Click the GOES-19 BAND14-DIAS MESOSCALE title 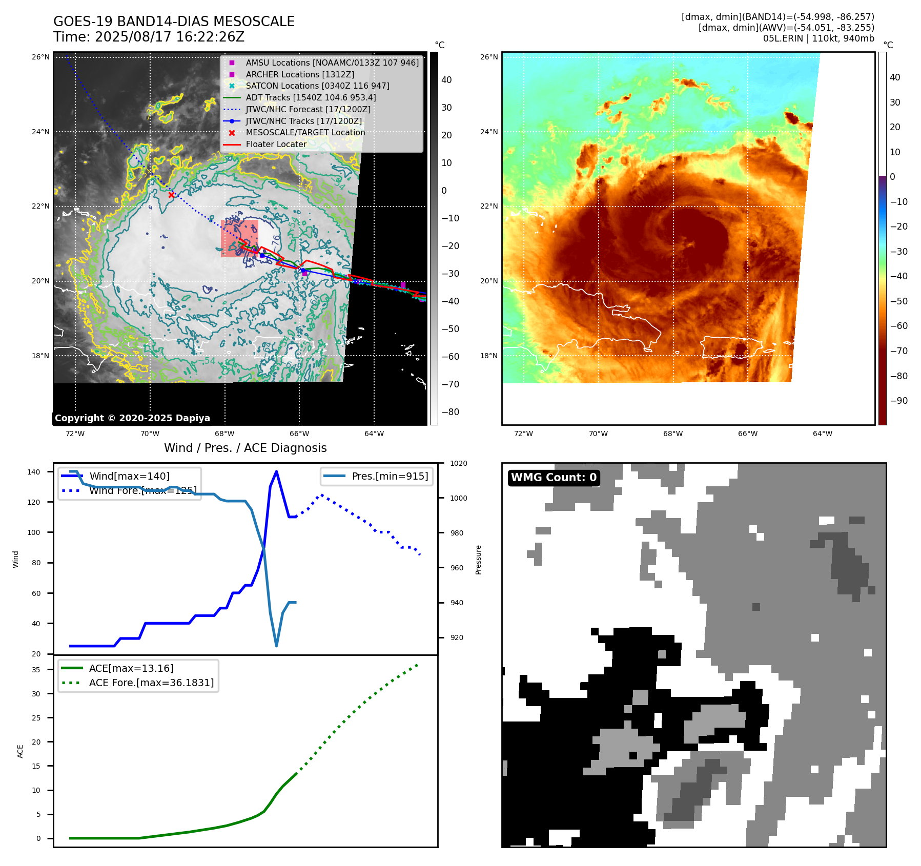[174, 22]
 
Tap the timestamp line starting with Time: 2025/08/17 [149, 37]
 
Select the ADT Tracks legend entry [311, 97]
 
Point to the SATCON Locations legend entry [317, 86]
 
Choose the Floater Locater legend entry [276, 144]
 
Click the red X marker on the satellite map [171, 195]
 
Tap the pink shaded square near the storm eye [239, 238]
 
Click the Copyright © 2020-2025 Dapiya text [132, 418]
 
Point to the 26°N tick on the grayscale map [40, 57]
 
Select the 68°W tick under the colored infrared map [672, 434]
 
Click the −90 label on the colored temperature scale [898, 401]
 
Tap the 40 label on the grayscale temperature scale [446, 79]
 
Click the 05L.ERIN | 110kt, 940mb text [818, 38]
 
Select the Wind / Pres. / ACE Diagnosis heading [245, 448]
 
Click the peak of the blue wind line [276, 471]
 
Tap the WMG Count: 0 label [554, 477]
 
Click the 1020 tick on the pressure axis [459, 463]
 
